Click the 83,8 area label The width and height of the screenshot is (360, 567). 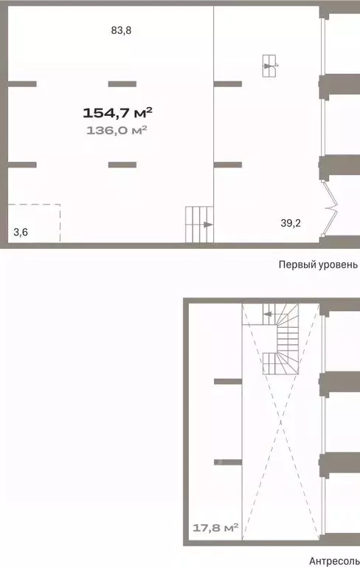tap(121, 30)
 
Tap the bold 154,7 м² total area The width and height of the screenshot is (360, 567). tap(117, 113)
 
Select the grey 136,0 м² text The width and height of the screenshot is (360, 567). tap(117, 130)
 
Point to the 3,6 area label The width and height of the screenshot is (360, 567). tap(21, 233)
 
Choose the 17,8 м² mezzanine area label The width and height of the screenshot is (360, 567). tap(215, 527)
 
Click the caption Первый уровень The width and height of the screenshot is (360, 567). tap(317, 264)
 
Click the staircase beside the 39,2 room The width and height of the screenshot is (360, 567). tap(198, 224)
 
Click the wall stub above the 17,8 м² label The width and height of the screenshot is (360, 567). tap(227, 462)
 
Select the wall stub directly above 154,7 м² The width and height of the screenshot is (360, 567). tap(122, 83)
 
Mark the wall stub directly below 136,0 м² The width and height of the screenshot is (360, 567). tap(122, 164)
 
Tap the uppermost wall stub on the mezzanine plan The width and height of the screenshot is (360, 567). tap(227, 381)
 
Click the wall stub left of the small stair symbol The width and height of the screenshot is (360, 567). tap(227, 83)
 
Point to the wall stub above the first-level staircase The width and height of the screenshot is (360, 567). tap(227, 164)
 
